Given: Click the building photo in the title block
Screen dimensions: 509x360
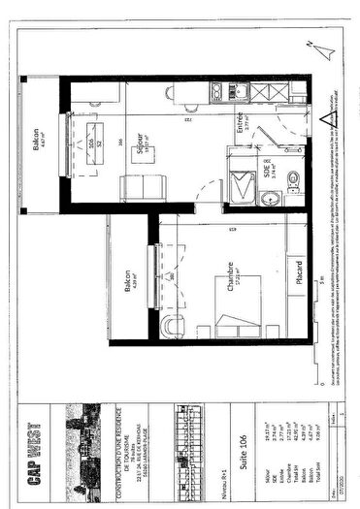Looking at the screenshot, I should (83, 432).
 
